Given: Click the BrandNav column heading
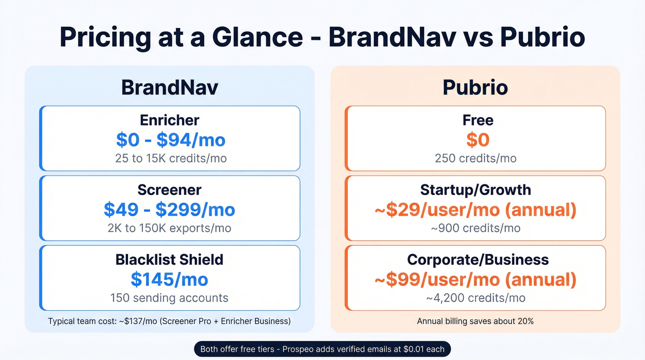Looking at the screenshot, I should (x=169, y=88).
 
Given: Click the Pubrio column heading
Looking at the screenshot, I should (x=475, y=88).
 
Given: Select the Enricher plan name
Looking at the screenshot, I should (x=170, y=120).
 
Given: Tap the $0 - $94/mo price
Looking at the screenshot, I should (x=170, y=140).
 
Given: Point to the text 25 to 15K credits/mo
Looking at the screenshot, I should (x=170, y=158).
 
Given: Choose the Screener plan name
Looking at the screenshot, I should (x=170, y=190).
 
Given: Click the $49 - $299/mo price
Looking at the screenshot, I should (x=170, y=210).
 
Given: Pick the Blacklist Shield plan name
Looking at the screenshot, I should (x=170, y=260).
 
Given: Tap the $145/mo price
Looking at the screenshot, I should (x=170, y=279).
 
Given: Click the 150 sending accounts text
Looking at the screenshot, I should (x=170, y=298).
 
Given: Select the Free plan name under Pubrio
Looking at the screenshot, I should (x=478, y=120).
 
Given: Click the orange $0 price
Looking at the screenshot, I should (x=477, y=140).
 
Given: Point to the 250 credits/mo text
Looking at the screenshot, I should (x=475, y=158).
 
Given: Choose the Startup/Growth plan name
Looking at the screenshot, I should (x=475, y=190).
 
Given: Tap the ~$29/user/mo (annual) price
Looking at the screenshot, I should (x=475, y=210).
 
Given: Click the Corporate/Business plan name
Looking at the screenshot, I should (x=478, y=260).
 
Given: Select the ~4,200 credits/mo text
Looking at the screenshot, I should (x=475, y=298).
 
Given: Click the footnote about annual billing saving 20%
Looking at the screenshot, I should (x=475, y=321).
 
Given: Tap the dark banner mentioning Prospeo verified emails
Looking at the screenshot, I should (x=322, y=349).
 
